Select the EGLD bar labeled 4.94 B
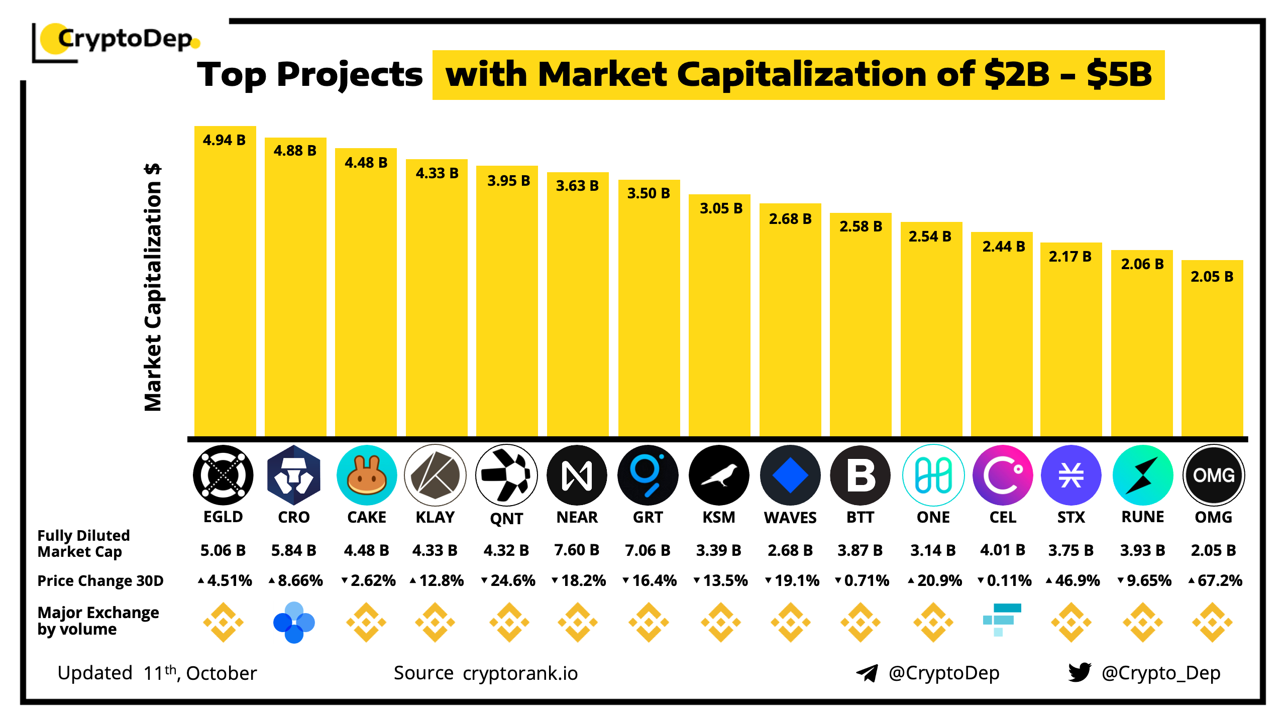coord(225,281)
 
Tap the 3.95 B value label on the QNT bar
coord(508,181)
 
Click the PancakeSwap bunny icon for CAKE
coord(367,475)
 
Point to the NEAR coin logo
coord(577,475)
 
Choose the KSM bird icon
coord(719,475)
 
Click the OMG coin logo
coord(1214,475)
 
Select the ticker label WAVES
coord(790,518)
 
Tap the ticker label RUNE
coord(1143,517)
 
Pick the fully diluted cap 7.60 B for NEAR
coord(577,550)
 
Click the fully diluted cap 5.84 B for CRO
coord(294,551)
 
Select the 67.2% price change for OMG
coord(1216,581)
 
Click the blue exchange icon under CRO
coord(294,623)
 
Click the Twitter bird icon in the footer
coord(1080,672)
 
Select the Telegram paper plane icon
coord(867,673)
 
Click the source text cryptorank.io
coord(520,673)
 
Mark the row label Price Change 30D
coord(100,581)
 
